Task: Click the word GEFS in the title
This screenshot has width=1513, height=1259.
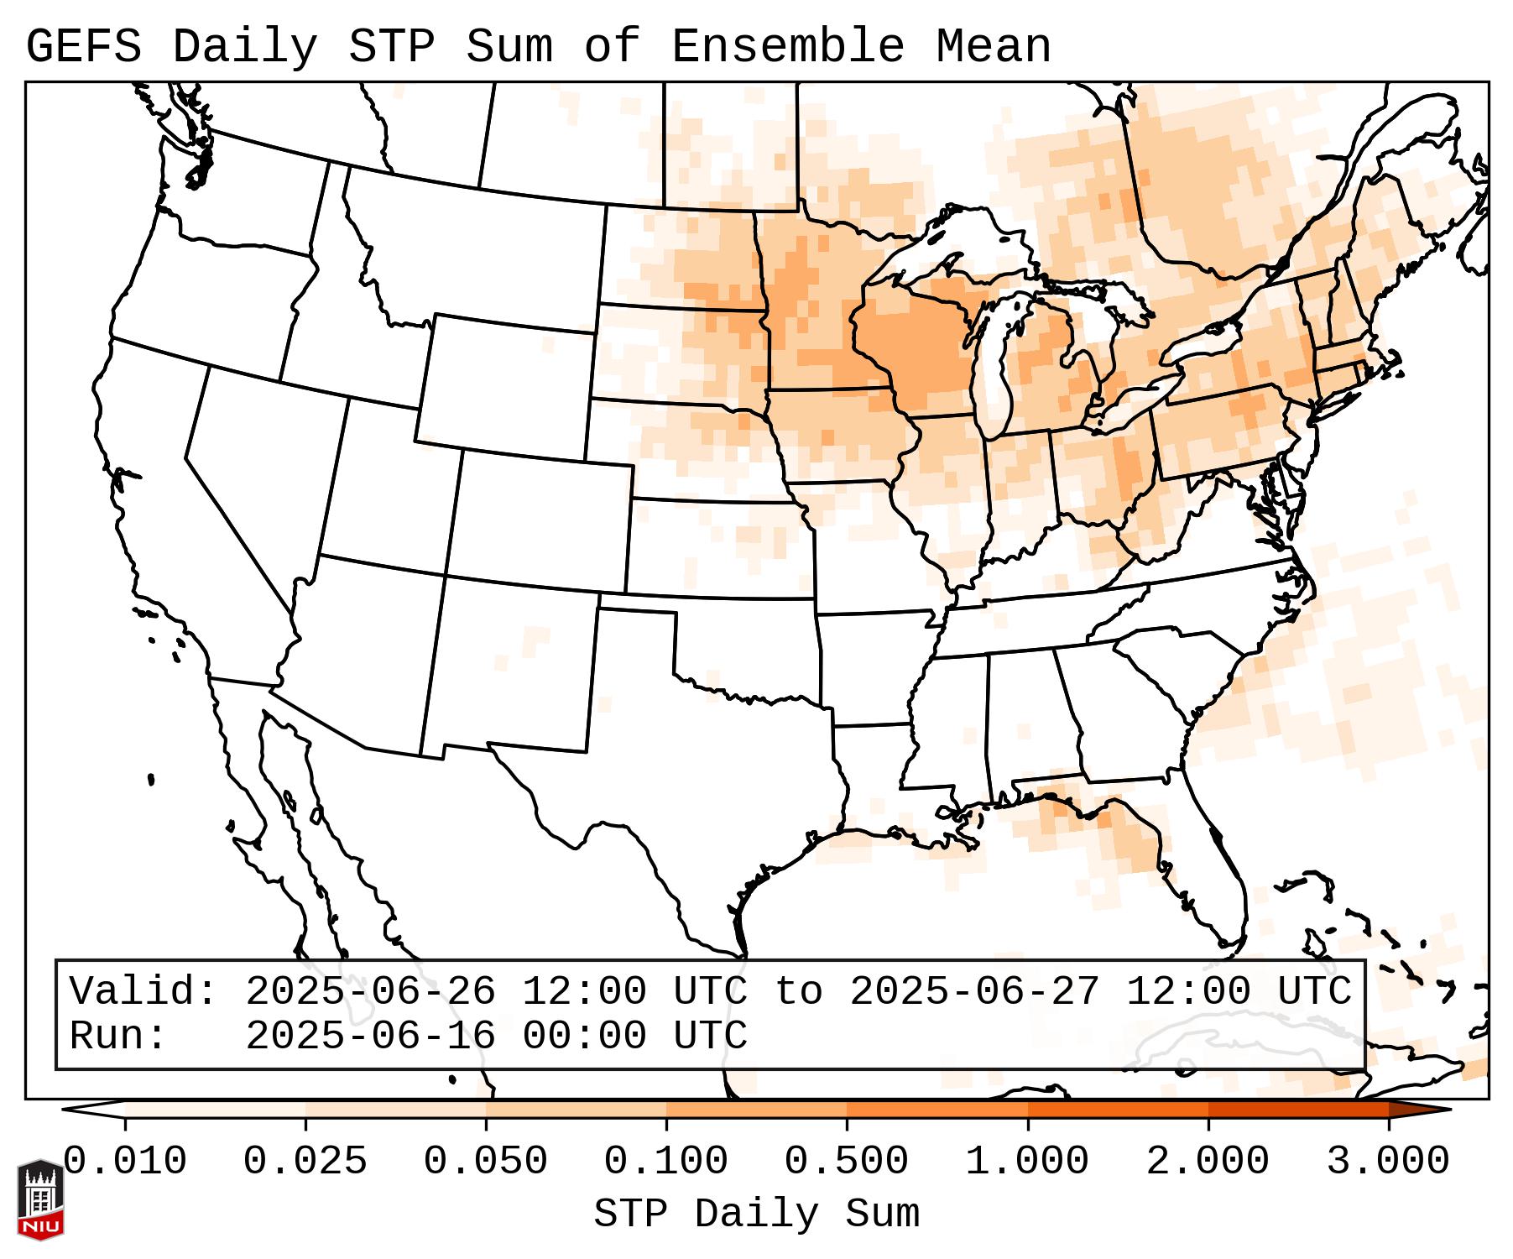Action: (83, 47)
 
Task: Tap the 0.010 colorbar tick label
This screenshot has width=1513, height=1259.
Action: (125, 1162)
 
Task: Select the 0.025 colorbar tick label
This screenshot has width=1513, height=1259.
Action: (305, 1162)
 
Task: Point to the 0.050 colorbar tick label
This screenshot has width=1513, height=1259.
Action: (486, 1162)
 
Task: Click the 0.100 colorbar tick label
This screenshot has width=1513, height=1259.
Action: (666, 1162)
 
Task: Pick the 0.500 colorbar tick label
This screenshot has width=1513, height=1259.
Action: (847, 1162)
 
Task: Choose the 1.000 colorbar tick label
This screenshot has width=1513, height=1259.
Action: (1027, 1162)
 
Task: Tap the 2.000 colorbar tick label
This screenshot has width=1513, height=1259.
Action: (1208, 1162)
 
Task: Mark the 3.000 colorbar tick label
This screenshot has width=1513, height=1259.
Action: (1388, 1162)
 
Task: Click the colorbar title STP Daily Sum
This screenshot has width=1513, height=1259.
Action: (756, 1215)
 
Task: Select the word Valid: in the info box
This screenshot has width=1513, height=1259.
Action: (143, 991)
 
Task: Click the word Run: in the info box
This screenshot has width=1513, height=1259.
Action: (118, 1036)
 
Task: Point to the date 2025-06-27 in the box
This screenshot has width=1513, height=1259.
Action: (974, 991)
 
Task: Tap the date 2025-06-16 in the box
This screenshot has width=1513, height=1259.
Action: (370, 1036)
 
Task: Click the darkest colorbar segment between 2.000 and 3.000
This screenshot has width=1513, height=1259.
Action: (1298, 1109)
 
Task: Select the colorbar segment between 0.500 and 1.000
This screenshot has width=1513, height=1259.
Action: (937, 1109)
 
